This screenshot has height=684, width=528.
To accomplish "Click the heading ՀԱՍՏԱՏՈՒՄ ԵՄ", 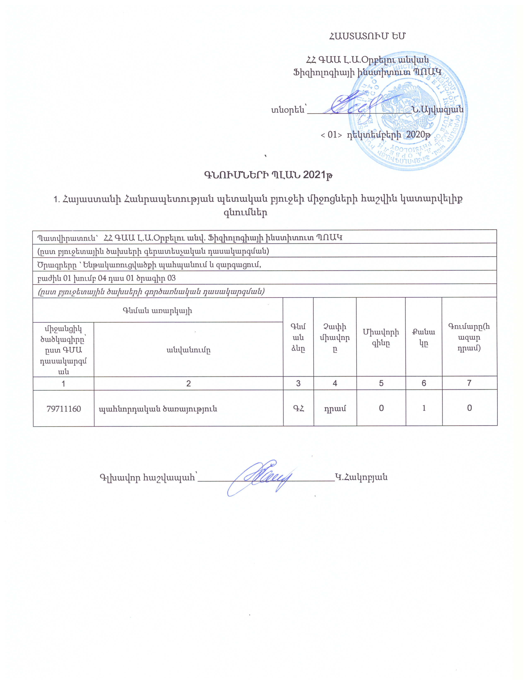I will coord(366,36).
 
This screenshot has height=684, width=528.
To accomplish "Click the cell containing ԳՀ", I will coord(298,408).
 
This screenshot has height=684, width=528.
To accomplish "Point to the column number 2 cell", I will coord(188,383).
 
